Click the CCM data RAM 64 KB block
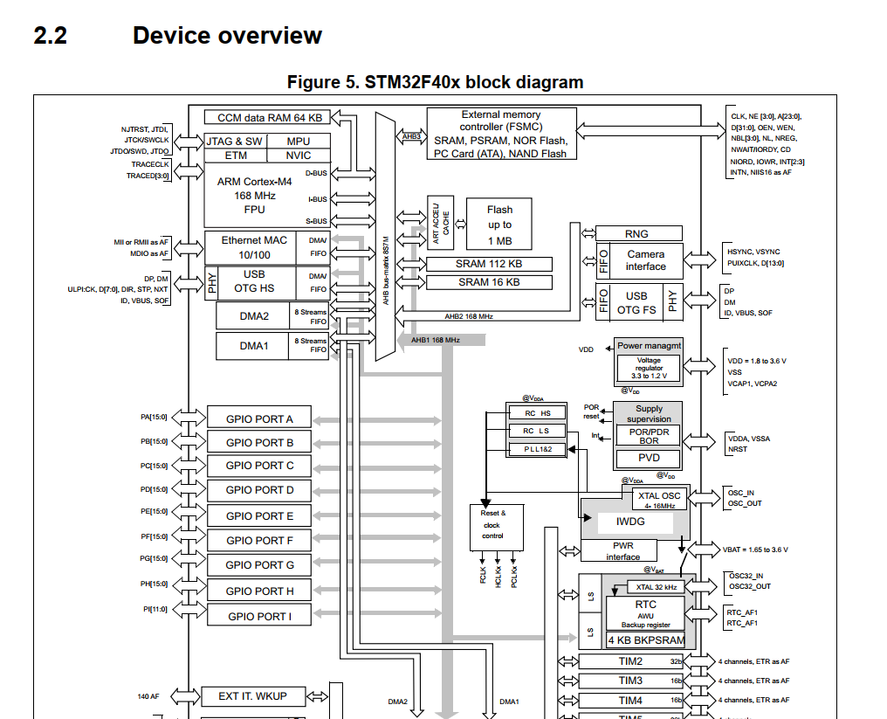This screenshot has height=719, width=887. click(269, 117)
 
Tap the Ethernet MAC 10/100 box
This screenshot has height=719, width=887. click(253, 246)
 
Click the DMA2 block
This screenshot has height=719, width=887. click(254, 316)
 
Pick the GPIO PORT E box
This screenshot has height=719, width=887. click(259, 515)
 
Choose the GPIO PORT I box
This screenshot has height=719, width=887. click(259, 616)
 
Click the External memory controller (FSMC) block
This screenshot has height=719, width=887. click(501, 134)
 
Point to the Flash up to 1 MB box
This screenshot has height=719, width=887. click(499, 225)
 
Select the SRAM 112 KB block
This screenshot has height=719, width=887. click(488, 264)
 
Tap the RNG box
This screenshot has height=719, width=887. click(637, 233)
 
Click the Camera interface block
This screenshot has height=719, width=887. click(645, 260)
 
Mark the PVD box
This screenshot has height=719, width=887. click(649, 458)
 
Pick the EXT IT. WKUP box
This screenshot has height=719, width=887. click(253, 696)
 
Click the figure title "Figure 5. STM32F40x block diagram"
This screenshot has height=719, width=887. click(435, 82)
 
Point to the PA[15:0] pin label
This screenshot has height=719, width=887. click(155, 418)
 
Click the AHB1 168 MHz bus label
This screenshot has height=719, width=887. click(435, 339)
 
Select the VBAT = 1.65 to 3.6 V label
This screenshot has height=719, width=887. click(755, 550)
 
